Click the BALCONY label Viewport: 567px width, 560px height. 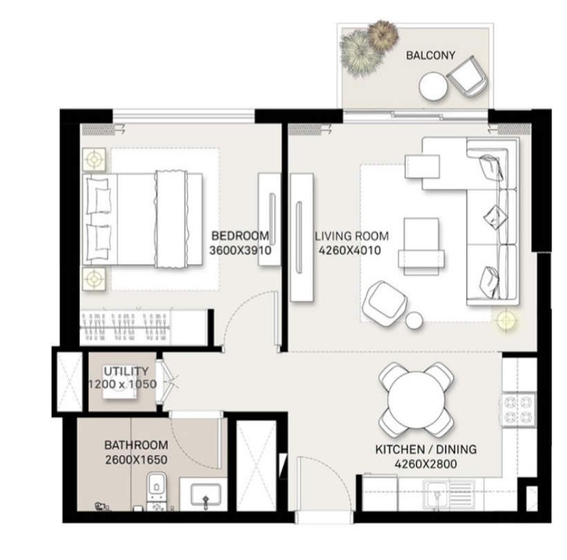(430, 55)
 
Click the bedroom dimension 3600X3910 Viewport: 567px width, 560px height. (239, 252)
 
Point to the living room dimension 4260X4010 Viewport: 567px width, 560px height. (348, 252)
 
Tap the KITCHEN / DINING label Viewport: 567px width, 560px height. (425, 449)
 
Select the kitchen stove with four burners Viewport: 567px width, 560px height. (517, 409)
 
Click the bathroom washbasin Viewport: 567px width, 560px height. (205, 495)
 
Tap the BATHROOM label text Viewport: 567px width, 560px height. (136, 445)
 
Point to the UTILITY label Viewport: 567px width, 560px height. (126, 371)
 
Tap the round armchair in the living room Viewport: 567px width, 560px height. (384, 301)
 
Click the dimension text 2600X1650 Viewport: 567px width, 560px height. (136, 460)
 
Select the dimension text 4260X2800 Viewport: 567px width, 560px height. (425, 465)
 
